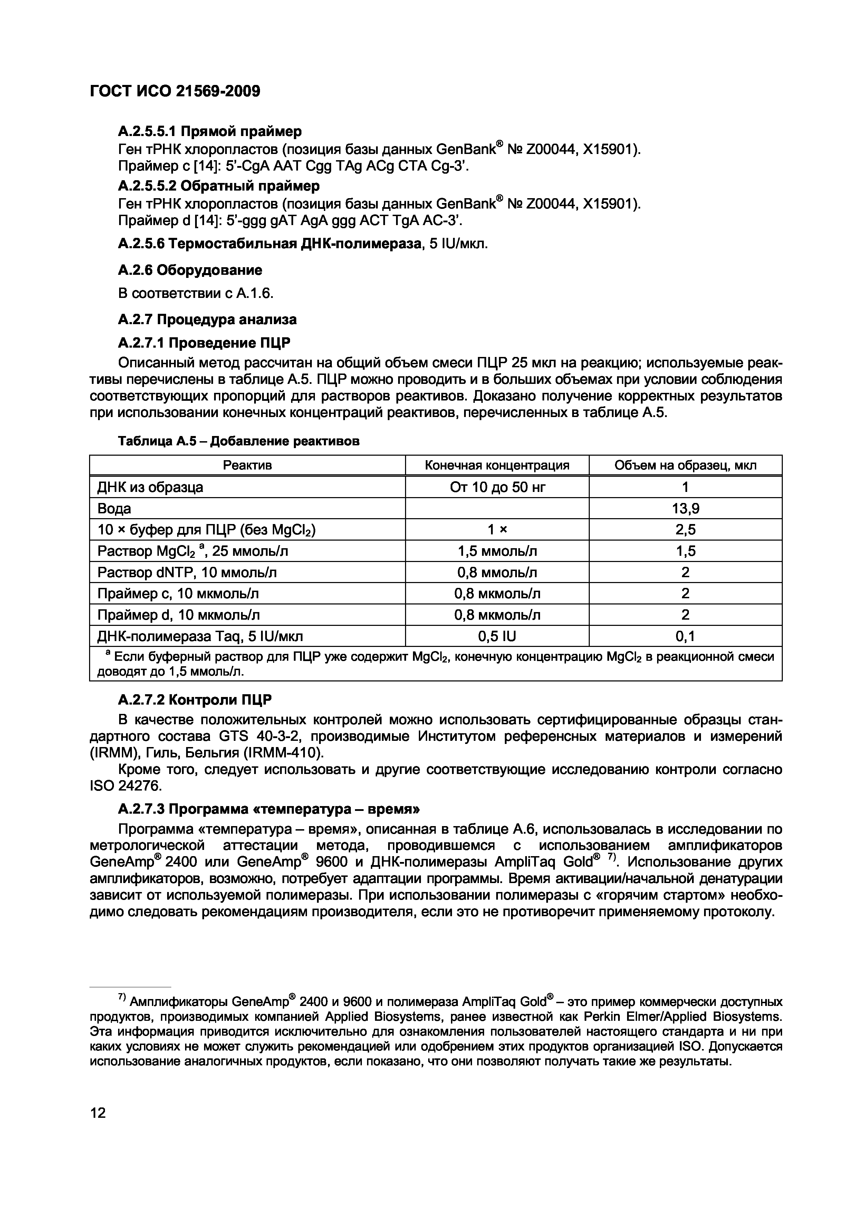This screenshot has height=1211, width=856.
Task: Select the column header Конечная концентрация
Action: (497, 465)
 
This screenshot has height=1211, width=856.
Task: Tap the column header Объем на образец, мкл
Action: (685, 465)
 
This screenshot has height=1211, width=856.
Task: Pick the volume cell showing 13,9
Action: (685, 508)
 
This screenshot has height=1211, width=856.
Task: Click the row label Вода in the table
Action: (114, 508)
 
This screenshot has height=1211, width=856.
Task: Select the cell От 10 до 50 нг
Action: (497, 487)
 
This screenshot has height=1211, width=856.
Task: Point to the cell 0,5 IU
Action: (497, 636)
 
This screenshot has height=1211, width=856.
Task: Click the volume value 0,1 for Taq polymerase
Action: (685, 636)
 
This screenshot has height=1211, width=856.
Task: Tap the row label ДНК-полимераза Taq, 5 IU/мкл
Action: (200, 636)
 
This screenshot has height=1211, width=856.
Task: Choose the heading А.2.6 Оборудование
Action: (190, 270)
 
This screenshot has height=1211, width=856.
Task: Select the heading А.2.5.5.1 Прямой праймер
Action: (210, 131)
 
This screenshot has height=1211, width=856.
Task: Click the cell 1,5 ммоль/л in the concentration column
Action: (497, 551)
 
